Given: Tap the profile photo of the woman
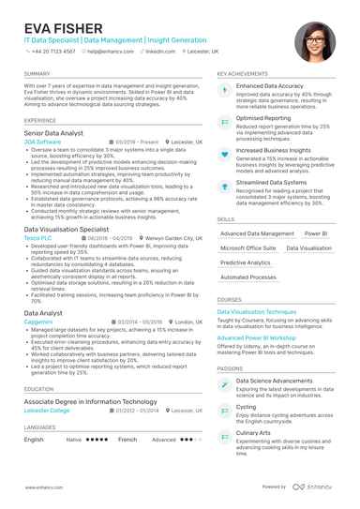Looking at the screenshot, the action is pos(315,43).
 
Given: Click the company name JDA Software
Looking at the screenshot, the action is pos(42,142).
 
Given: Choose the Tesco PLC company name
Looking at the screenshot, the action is pos(38,238).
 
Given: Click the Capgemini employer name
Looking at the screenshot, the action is pos(39,321).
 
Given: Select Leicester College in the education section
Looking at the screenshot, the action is pos(48,410).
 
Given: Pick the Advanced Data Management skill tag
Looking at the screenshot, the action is pos(257,233).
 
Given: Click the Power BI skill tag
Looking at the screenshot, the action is pos(317,233).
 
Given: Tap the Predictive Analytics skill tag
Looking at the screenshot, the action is pos(245,262).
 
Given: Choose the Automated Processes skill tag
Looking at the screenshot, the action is pos(247,277).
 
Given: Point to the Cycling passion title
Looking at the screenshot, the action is pos(246,407).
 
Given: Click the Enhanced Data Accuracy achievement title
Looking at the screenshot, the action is pos(269,85).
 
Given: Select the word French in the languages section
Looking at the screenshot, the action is pos(127,439).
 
